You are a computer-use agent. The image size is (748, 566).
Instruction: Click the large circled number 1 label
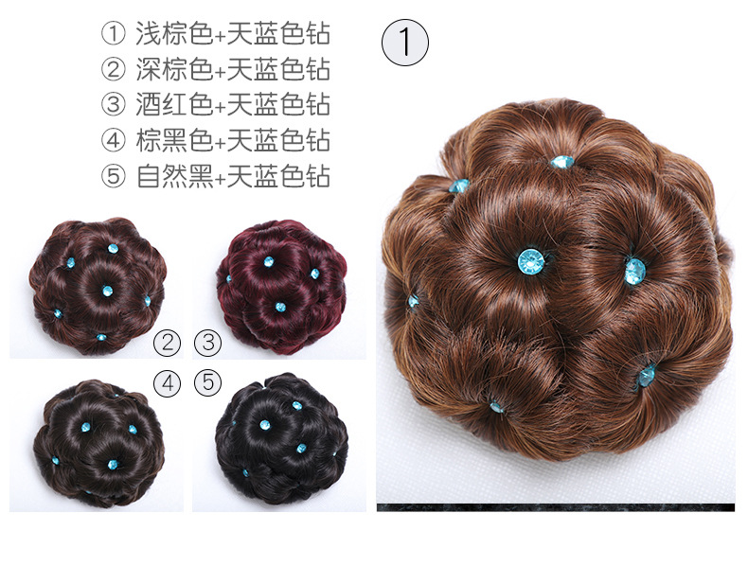(x=405, y=43)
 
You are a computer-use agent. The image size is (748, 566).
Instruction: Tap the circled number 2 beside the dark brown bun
(x=168, y=343)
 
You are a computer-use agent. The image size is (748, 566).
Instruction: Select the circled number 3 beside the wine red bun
(x=208, y=343)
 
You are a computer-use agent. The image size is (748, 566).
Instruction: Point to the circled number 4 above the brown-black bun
(x=168, y=383)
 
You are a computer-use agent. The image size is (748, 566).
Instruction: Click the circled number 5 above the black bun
(x=208, y=383)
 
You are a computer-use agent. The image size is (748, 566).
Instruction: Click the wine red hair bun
(x=281, y=286)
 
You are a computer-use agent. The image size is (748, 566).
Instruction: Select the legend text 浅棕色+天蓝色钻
(x=233, y=34)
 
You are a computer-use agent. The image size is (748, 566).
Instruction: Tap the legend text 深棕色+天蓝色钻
(x=233, y=69)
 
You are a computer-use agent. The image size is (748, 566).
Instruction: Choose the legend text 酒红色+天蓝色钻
(x=233, y=104)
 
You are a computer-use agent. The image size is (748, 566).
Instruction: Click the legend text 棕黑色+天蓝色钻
(x=233, y=140)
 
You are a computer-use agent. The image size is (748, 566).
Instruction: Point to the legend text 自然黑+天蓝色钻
(x=233, y=176)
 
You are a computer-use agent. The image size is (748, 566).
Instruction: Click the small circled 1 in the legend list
(x=114, y=34)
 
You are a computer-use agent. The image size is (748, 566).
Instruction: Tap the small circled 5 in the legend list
(x=114, y=176)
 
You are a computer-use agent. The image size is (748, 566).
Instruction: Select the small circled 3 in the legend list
(x=114, y=105)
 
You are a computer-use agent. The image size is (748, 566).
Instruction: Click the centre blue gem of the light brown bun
(x=531, y=261)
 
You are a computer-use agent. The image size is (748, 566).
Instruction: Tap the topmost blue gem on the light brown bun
(x=563, y=162)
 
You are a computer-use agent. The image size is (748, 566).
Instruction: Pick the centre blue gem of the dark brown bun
(x=107, y=291)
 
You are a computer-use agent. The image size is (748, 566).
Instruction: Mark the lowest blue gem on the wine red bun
(x=280, y=307)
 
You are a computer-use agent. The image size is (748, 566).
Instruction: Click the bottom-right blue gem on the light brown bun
(x=647, y=376)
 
